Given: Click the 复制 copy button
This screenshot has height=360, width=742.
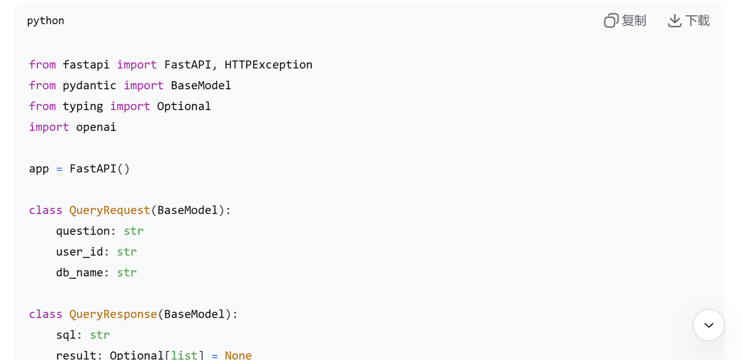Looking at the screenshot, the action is [x=625, y=21].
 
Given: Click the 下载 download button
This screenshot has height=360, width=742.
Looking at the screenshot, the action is [x=689, y=21].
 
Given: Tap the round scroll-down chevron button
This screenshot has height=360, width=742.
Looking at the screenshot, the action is [x=708, y=325].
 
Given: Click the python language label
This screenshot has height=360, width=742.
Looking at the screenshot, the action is [x=45, y=21].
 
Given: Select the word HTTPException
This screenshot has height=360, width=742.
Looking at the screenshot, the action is [x=268, y=64].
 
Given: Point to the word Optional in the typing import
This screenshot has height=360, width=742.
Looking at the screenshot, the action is [x=184, y=106].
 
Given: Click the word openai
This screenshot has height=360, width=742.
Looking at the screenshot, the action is [x=96, y=127].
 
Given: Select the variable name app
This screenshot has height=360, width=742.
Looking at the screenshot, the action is [x=39, y=169].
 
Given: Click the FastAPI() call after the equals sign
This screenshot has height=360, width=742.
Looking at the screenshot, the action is [x=100, y=169].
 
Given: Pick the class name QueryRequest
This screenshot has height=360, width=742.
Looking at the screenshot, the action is [x=110, y=210].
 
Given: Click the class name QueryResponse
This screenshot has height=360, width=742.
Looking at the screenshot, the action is [x=113, y=314].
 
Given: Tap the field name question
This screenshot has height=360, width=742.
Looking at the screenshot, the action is [x=83, y=231].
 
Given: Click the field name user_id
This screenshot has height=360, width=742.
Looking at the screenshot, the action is [x=79, y=252].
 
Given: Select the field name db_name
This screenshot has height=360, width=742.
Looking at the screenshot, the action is [x=79, y=272].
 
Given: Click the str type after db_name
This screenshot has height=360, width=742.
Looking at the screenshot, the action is [x=127, y=272].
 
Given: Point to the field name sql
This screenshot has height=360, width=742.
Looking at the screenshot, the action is [x=66, y=335].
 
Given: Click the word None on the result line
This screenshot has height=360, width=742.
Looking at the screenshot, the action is [x=238, y=355].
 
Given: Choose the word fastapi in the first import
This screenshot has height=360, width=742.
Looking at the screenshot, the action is [x=86, y=64].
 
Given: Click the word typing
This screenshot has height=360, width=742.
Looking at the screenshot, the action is [x=83, y=106].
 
